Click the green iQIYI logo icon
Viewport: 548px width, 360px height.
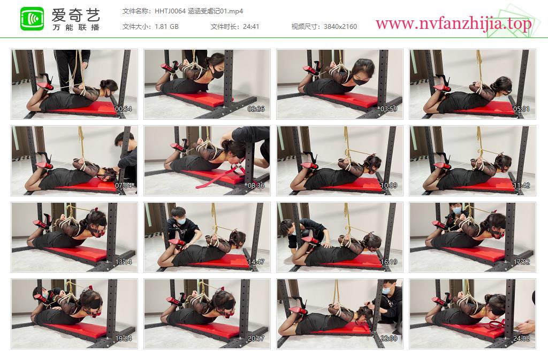coord(32,19)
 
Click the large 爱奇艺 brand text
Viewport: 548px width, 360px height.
coord(76,14)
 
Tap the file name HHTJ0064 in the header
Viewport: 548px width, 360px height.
coord(170,11)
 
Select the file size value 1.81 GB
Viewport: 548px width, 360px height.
coord(167,27)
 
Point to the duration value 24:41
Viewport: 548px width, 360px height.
coord(251,27)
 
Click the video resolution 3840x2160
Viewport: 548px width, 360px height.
coord(340,27)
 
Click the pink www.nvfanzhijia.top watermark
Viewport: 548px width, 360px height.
coord(454,24)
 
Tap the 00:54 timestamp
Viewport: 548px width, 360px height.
coord(124,109)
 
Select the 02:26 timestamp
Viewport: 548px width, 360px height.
coord(256,109)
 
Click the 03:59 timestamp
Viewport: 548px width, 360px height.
coord(389,109)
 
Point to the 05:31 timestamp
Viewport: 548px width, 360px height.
coord(521,109)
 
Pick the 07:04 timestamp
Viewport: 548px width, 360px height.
coord(124,186)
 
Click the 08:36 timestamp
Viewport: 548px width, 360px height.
coord(256,186)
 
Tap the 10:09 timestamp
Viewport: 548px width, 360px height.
coord(389,186)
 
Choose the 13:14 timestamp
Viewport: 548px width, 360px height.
coord(124,262)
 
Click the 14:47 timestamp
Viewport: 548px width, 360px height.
coord(256,262)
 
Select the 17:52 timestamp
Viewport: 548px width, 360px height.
coord(521,262)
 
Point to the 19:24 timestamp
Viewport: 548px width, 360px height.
coord(124,339)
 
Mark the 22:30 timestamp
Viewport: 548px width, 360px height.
coord(389,339)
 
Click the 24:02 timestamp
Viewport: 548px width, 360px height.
coord(521,339)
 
